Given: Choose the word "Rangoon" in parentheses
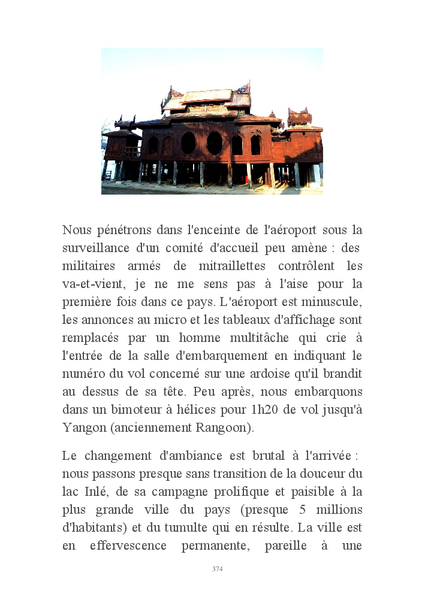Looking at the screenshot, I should (222, 428).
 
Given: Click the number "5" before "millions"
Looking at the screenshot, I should (301, 510).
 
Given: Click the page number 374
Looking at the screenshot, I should (217, 569).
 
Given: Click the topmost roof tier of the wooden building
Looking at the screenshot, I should (206, 94).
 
